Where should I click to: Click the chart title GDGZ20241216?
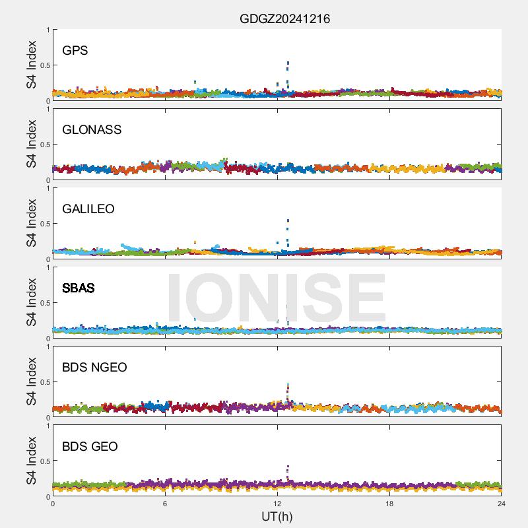click(x=284, y=19)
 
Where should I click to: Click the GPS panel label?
click(x=75, y=51)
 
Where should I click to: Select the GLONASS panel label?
click(x=92, y=130)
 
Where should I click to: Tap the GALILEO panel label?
click(x=88, y=209)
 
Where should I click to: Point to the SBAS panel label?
click(x=79, y=288)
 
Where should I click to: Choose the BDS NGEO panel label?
click(x=94, y=368)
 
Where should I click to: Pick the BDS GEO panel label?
click(x=90, y=447)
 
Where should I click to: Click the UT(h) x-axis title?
click(x=277, y=516)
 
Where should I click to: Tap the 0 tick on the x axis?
click(x=53, y=503)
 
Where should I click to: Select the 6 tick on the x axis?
click(x=165, y=503)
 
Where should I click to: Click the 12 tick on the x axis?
click(x=277, y=503)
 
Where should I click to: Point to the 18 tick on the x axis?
click(x=389, y=503)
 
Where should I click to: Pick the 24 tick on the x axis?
click(x=502, y=503)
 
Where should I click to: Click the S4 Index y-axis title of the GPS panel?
click(x=32, y=65)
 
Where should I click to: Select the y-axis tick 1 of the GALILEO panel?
click(x=47, y=188)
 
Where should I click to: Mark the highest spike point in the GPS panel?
click(x=288, y=63)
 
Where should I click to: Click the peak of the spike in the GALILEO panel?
click(x=288, y=221)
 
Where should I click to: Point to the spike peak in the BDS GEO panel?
click(x=288, y=467)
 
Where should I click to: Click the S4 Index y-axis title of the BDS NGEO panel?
click(x=32, y=381)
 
